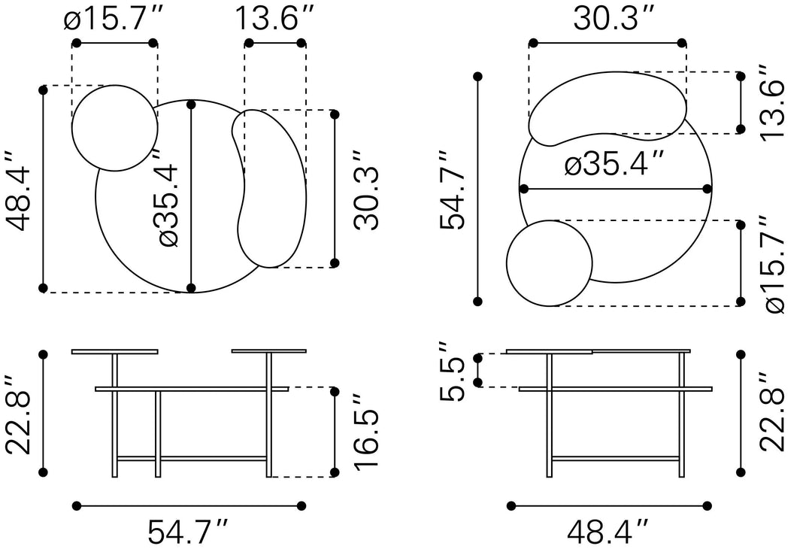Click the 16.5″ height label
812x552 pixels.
click(x=367, y=432)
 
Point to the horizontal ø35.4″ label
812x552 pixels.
click(x=614, y=164)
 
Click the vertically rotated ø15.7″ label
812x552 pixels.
click(x=774, y=265)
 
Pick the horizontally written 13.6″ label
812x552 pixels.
click(x=275, y=19)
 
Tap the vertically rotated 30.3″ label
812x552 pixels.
click(x=367, y=190)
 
